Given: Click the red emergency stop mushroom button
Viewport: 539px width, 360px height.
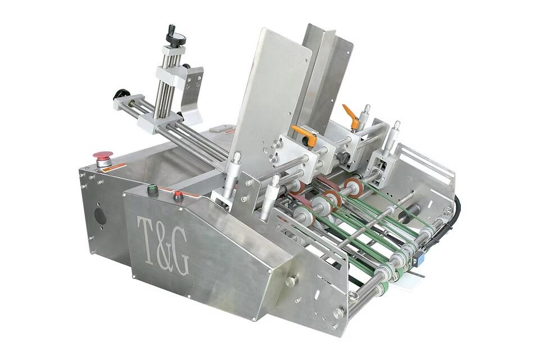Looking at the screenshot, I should (x=102, y=156).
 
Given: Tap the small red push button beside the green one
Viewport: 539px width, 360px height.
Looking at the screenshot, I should (x=178, y=196).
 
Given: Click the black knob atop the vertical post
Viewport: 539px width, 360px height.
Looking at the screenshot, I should (x=171, y=35).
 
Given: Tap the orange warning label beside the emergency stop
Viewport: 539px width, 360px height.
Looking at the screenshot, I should (x=117, y=166).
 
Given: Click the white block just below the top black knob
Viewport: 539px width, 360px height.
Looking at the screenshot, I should (x=174, y=50).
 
